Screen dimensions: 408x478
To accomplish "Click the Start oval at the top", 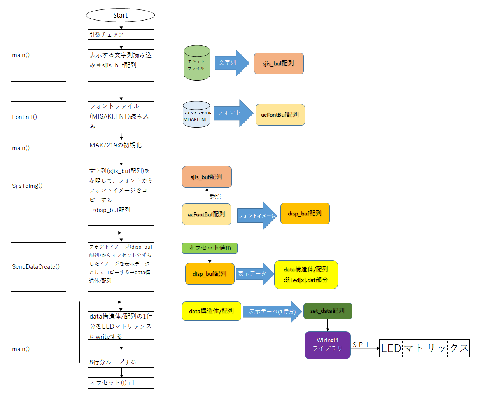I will click(x=120, y=15).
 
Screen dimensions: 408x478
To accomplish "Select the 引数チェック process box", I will click(x=121, y=35).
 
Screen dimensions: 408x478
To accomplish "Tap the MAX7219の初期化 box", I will click(x=121, y=148).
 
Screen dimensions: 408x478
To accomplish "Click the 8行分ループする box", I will click(x=121, y=362).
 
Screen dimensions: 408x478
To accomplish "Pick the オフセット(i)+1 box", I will click(x=121, y=383).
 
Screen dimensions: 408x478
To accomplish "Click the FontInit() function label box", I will click(x=39, y=117).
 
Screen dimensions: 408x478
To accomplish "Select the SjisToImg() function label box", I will click(x=39, y=196).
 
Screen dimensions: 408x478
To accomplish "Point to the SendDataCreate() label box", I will click(x=39, y=267).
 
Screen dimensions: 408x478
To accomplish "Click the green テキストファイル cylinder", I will click(x=197, y=63).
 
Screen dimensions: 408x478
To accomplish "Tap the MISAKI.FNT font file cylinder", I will click(x=196, y=114).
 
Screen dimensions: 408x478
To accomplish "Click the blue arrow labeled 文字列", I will click(x=231, y=63).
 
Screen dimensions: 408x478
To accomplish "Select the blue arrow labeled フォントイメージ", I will click(x=257, y=215).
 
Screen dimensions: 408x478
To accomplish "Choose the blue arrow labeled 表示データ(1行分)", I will click(x=272, y=312).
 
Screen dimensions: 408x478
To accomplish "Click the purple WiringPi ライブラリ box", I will click(x=327, y=345).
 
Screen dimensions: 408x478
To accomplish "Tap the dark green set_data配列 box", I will click(x=327, y=311).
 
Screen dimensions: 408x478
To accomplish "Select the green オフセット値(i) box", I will click(x=210, y=248).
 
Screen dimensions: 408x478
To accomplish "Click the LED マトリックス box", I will click(x=424, y=348).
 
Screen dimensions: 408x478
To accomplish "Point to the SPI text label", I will click(x=360, y=345).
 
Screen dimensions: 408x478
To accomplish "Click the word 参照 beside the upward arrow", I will click(x=215, y=196).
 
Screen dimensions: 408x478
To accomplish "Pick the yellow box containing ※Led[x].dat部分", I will click(x=306, y=275).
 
